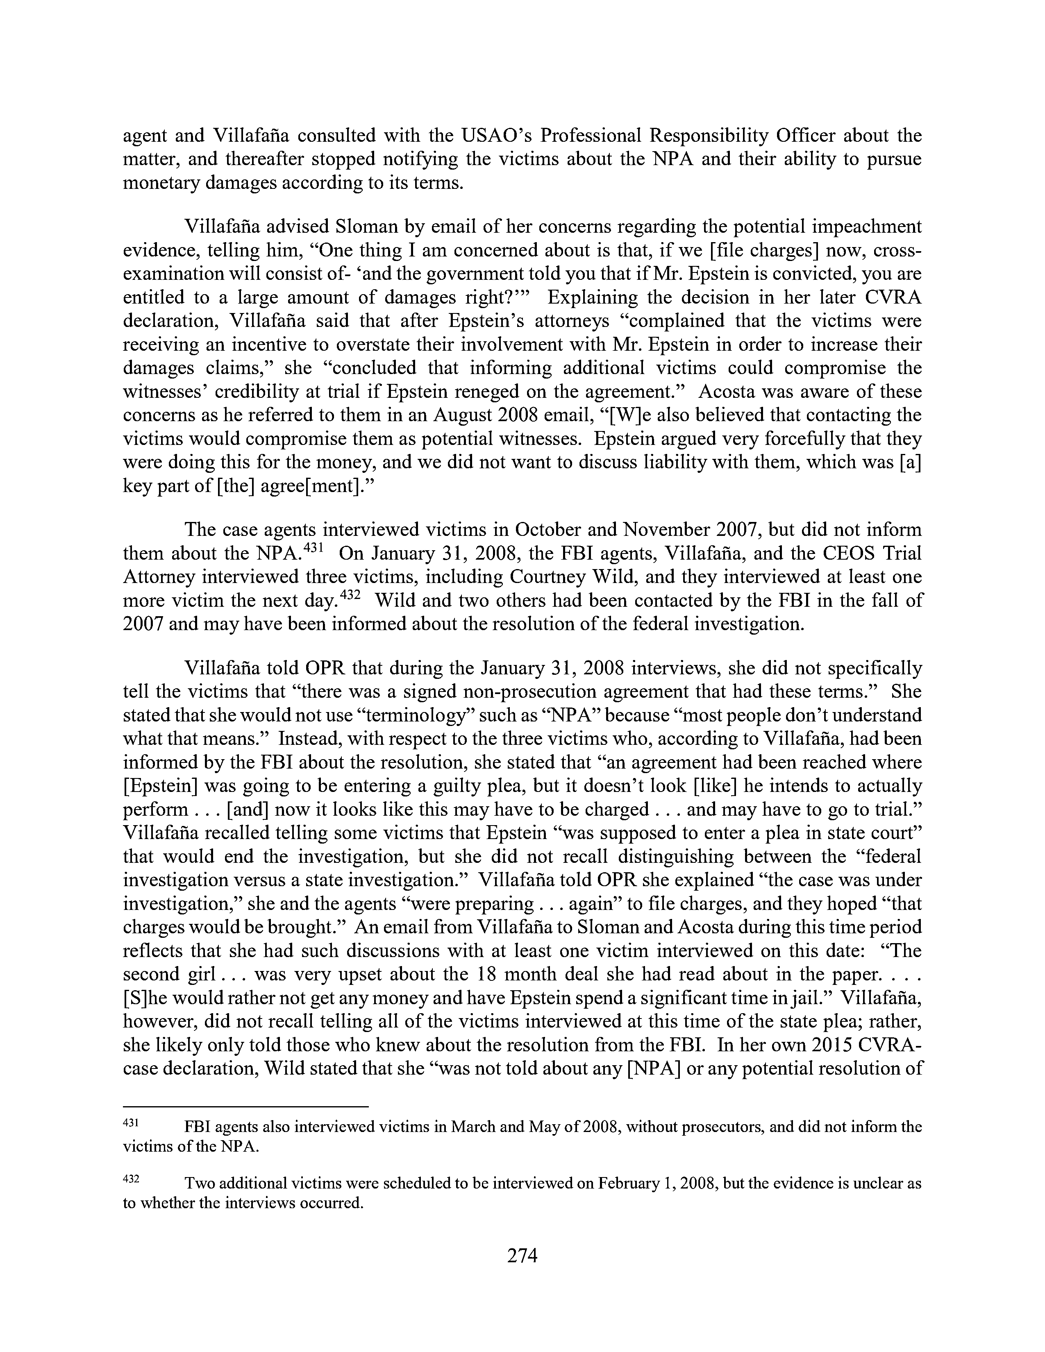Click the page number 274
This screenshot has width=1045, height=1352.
[x=522, y=1255]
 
